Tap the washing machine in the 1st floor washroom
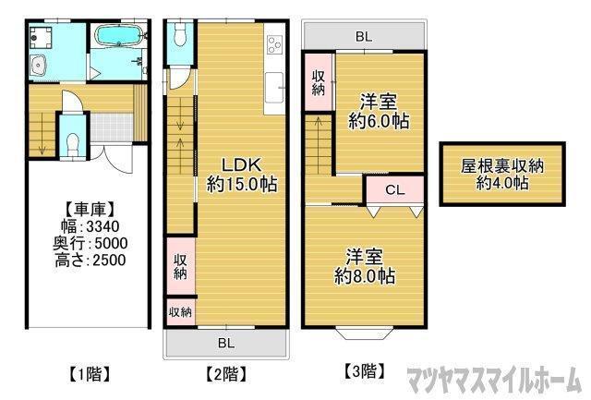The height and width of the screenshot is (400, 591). [x=41, y=37]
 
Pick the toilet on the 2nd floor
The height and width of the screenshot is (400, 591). [x=180, y=35]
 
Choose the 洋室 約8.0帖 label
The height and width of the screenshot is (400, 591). [x=366, y=266]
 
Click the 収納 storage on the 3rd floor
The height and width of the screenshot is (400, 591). [x=318, y=82]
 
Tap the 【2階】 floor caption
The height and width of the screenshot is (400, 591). [x=224, y=373]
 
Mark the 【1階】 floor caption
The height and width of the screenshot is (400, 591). [x=90, y=373]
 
